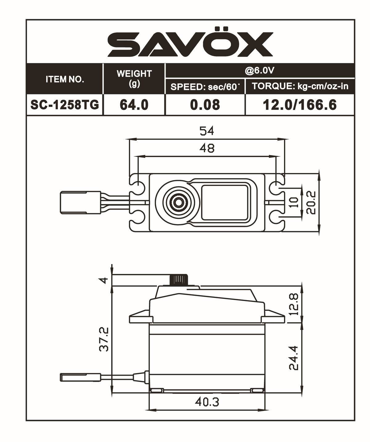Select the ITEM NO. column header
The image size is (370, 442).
65,79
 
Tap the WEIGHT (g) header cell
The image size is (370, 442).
134,78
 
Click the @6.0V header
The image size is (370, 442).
259,71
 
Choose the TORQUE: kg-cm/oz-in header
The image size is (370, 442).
300,86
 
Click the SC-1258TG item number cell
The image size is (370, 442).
65,105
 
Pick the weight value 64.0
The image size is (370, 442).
134,105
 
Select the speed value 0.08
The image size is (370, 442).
205,105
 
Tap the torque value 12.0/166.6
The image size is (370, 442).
300,105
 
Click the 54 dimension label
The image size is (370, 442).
207,131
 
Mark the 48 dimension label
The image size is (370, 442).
207,148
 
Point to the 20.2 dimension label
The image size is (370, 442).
311,202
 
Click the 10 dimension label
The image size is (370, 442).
295,202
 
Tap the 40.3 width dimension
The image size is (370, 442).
207,402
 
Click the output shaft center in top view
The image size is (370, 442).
178,202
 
